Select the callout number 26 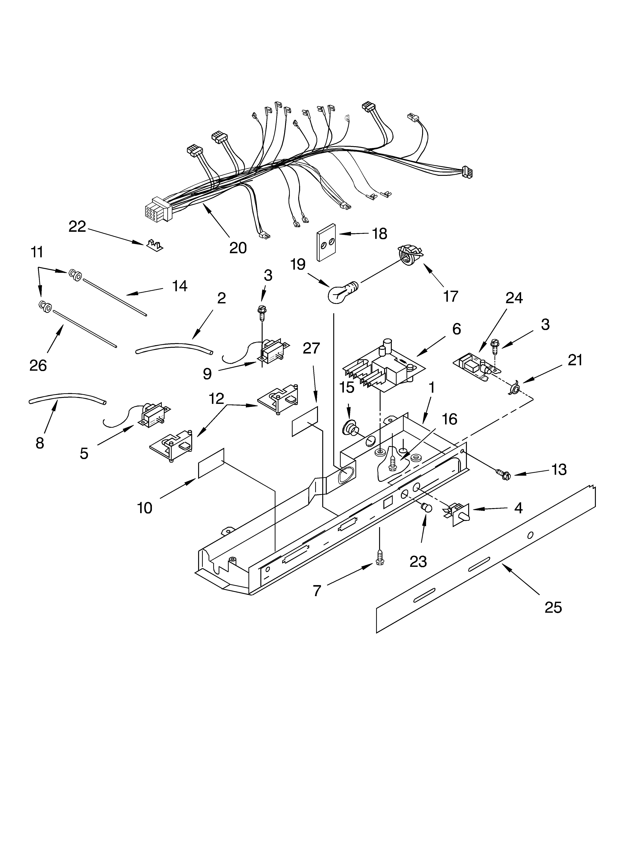point(38,365)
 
